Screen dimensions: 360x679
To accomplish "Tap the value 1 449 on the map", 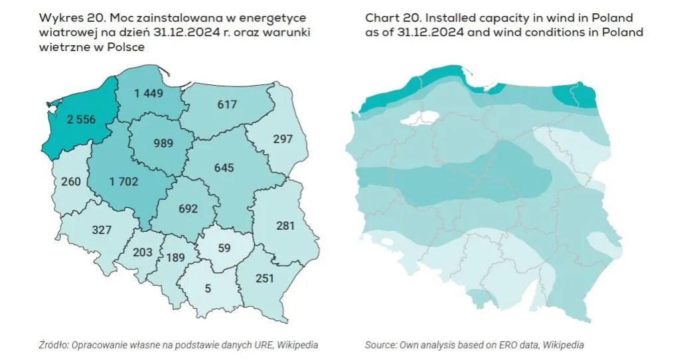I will (149, 94).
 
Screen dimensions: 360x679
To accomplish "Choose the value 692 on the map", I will (189, 209).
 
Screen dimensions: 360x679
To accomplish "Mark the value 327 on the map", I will (102, 230).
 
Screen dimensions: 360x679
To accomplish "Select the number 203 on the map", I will (143, 252).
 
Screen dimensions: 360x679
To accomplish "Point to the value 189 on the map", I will (176, 258).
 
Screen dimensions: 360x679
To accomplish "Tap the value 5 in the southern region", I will (208, 288).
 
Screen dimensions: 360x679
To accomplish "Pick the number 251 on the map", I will (264, 278).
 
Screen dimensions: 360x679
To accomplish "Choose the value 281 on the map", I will (285, 226).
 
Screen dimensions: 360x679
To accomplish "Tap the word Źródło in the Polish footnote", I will (52, 345).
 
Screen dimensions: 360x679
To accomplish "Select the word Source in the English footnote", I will (380, 345).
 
